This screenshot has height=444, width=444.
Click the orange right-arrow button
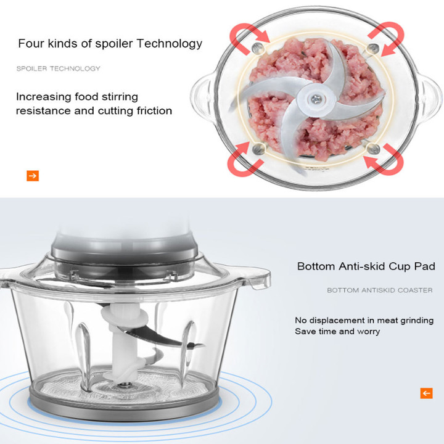point(33,176)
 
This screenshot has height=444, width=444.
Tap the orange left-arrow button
point(426,393)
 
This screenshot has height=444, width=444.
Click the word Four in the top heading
point(31,43)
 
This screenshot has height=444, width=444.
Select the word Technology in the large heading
point(170,44)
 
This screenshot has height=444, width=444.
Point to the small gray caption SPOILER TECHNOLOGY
point(59,68)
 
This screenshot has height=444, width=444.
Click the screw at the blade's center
point(316,99)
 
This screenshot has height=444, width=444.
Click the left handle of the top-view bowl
point(202,94)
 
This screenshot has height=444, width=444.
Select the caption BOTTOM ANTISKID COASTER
point(380,290)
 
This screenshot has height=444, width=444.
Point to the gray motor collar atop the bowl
point(125,248)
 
